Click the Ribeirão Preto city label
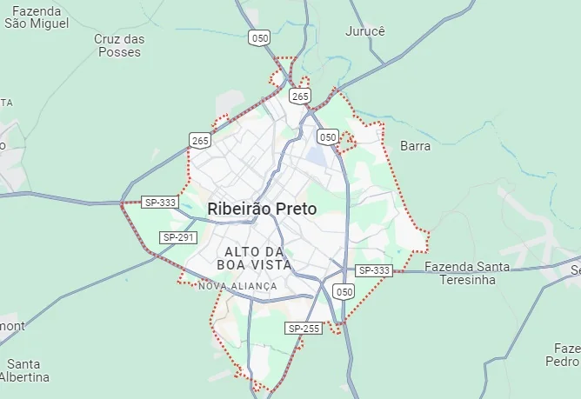262,209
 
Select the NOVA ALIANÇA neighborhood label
237,286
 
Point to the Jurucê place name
364,30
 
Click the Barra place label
415,146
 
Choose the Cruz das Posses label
120,45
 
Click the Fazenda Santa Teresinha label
467,273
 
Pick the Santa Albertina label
24,370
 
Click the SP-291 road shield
178,237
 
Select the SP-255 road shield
304,328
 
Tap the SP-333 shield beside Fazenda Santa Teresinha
374,270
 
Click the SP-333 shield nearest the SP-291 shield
160,203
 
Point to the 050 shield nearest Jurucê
259,37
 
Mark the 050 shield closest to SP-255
344,292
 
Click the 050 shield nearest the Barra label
327,136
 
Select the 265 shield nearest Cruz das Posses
200,140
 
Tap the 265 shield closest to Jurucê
300,96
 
